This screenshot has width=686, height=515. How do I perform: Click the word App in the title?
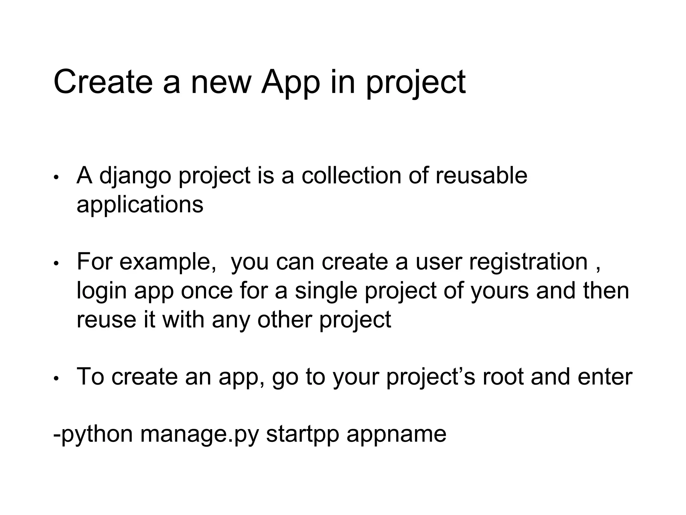tap(290, 82)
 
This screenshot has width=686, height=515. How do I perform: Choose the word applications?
tap(140, 205)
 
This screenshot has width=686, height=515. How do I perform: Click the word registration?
tap(528, 262)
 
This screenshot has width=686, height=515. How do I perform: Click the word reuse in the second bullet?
tap(106, 319)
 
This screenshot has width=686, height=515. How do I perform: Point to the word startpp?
tap(302, 435)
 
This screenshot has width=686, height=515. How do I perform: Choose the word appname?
tap(396, 435)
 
